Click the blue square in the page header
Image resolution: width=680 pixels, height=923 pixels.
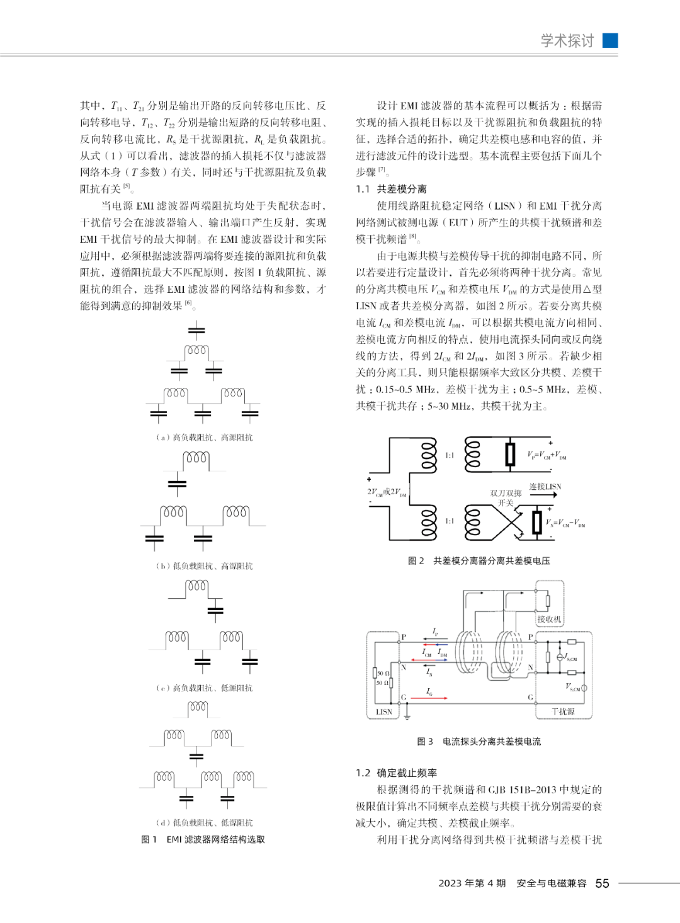(610, 40)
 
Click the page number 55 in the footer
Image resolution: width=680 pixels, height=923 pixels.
(602, 883)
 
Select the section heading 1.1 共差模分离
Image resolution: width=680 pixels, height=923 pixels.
(391, 189)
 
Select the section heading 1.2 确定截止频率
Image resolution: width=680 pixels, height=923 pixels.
(396, 773)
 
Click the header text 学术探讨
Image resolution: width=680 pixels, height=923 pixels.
(567, 41)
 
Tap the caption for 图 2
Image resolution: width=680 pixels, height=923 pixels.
(479, 560)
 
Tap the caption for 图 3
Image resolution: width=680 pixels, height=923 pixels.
(479, 741)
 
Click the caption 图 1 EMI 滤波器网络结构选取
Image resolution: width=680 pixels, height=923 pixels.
(203, 839)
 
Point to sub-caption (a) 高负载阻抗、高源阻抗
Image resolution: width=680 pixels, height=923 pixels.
(205, 437)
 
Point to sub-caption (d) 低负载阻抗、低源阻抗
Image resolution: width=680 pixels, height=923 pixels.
(205, 822)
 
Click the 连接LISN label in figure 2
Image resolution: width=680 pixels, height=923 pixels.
(545, 487)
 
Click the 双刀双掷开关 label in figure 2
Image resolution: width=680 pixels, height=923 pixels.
(506, 498)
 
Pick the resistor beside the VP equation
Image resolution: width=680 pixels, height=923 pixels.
(510, 454)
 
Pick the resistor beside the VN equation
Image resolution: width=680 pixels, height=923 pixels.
(536, 522)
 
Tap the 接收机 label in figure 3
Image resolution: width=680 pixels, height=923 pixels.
(548, 620)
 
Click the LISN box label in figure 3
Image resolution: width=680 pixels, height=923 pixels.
(384, 712)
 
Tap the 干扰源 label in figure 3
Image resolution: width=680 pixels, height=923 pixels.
(563, 711)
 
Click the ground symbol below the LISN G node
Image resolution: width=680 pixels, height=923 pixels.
(407, 715)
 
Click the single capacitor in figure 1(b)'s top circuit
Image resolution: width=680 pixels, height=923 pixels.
(178, 484)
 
